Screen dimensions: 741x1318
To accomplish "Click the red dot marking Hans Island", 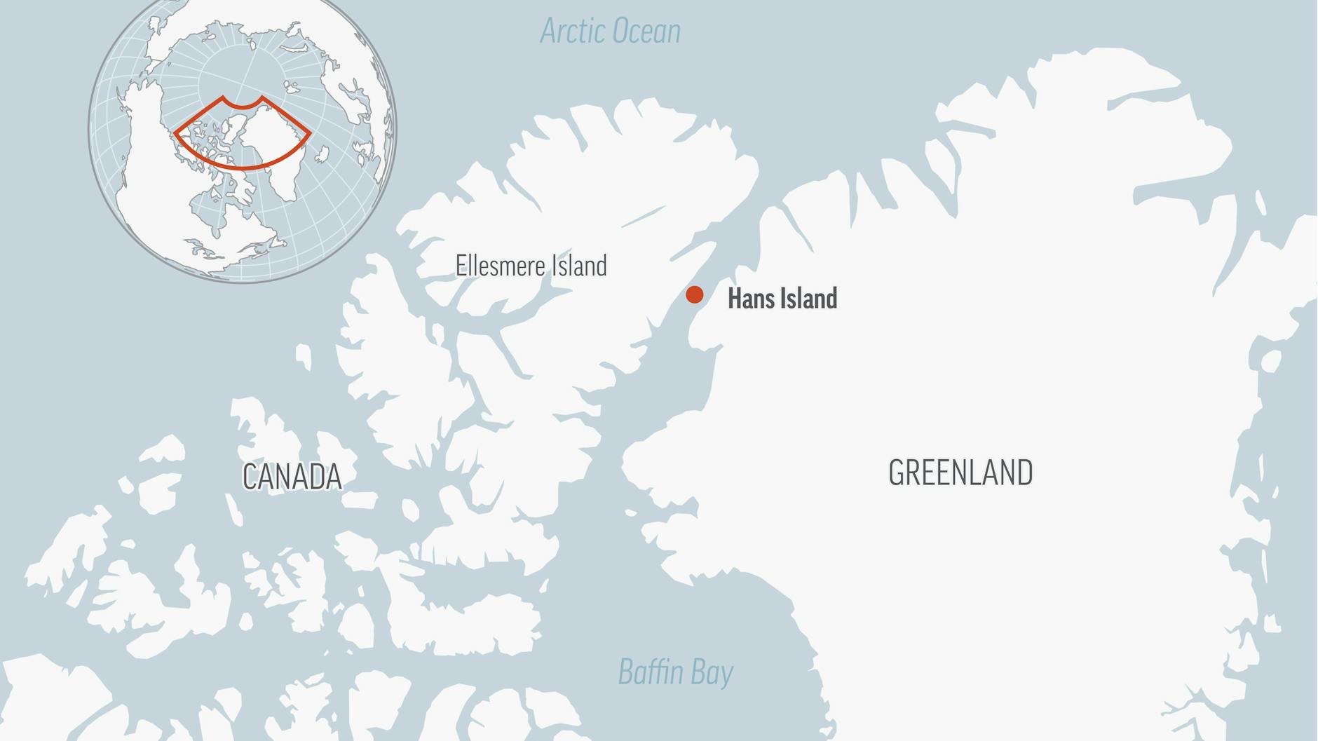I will click(x=694, y=294).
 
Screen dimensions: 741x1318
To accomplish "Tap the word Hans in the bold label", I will click(x=751, y=299).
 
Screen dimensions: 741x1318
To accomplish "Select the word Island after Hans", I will click(x=809, y=299).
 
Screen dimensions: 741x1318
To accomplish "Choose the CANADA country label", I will click(x=292, y=477).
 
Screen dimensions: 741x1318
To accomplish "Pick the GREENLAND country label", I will click(x=960, y=473).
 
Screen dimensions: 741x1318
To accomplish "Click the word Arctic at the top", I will click(x=572, y=32).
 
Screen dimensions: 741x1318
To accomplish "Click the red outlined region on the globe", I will click(x=242, y=133).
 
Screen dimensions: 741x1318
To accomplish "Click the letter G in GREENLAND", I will click(x=897, y=473).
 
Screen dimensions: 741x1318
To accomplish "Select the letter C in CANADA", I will click(x=251, y=477).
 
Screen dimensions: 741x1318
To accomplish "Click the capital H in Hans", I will click(x=735, y=299).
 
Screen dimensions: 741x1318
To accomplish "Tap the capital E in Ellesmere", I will click(x=461, y=266).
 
